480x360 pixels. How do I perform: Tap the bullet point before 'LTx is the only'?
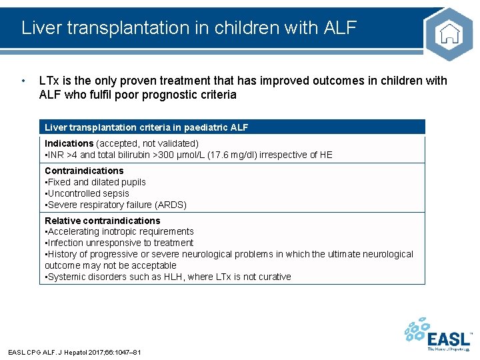[24, 81]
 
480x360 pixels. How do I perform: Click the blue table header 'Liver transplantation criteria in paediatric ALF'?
[146, 127]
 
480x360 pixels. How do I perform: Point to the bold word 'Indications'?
[69, 143]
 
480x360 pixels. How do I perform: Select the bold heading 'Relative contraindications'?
[102, 221]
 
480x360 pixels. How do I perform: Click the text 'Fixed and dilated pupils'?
[96, 182]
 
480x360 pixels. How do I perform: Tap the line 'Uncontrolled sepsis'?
[88, 193]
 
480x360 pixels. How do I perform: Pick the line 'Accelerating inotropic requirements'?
[120, 231]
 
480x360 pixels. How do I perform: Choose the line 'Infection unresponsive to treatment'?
[120, 243]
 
